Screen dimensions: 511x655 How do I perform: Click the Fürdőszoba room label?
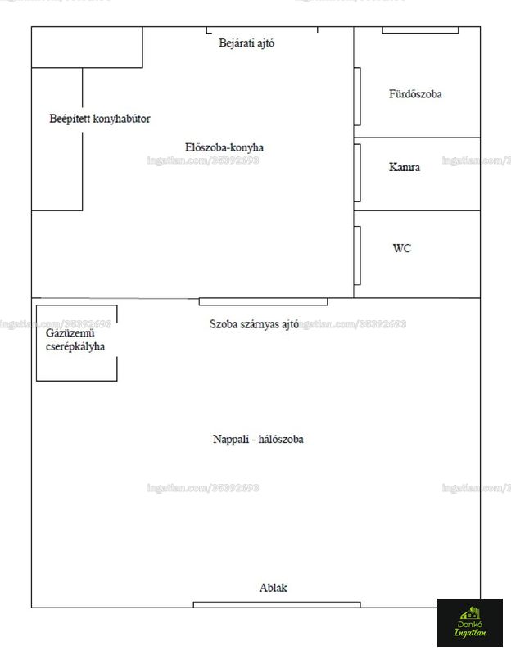pyautogui.click(x=415, y=94)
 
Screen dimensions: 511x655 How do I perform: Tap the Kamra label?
pyautogui.click(x=405, y=167)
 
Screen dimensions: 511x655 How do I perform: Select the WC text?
pyautogui.click(x=402, y=248)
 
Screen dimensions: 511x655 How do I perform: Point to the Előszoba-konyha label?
pyautogui.click(x=224, y=147)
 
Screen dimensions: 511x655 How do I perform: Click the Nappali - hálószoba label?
pyautogui.click(x=258, y=440)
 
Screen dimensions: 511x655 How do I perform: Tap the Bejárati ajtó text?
pyautogui.click(x=246, y=43)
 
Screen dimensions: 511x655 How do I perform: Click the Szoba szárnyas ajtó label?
pyautogui.click(x=254, y=324)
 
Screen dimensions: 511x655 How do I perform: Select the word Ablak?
pyautogui.click(x=273, y=588)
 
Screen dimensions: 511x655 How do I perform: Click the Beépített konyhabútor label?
pyautogui.click(x=100, y=119)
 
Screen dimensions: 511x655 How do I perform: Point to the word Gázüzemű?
pyautogui.click(x=70, y=333)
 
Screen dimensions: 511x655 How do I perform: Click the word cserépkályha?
pyautogui.click(x=75, y=346)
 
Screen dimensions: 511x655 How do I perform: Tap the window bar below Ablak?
pyautogui.click(x=277, y=604)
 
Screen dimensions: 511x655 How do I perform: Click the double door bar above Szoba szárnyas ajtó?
pyautogui.click(x=263, y=301)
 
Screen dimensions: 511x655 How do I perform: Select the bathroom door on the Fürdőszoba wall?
pyautogui.click(x=357, y=97)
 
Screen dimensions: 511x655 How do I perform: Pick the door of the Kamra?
pyautogui.click(x=357, y=174)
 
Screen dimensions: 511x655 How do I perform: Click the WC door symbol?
pyautogui.click(x=357, y=255)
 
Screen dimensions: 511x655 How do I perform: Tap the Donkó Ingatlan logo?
pyautogui.click(x=470, y=622)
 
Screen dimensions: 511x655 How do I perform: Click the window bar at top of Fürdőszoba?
pyautogui.click(x=420, y=30)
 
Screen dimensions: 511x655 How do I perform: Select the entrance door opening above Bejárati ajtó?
pyautogui.click(x=262, y=29)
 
